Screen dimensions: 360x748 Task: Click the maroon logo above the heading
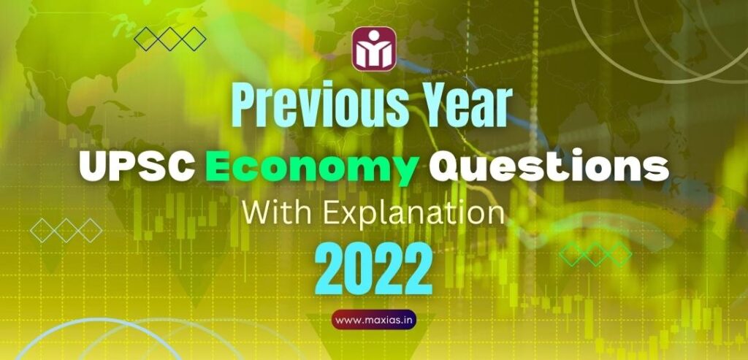[374, 50]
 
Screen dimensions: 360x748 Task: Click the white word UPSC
[134, 167]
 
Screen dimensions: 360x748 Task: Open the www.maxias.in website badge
[374, 319]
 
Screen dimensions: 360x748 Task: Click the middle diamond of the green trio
[595, 253]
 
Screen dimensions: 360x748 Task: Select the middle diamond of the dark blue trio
[170, 39]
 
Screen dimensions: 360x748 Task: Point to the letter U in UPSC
[95, 167]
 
